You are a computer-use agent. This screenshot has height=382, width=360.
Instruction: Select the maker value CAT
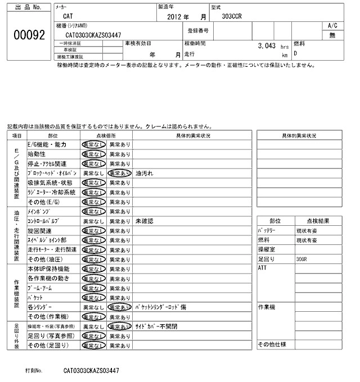[x=67, y=17]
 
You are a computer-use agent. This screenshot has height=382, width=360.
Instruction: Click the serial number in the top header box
[x=92, y=35]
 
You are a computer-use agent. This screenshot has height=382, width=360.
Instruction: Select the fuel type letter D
[x=296, y=54]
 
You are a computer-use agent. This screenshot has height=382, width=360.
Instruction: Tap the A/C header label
[x=332, y=26]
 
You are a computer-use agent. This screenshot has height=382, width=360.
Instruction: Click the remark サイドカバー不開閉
[x=156, y=326]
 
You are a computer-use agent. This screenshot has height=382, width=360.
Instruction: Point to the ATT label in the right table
[x=263, y=269]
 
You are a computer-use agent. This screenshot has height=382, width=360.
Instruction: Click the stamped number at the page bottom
[x=92, y=371]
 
